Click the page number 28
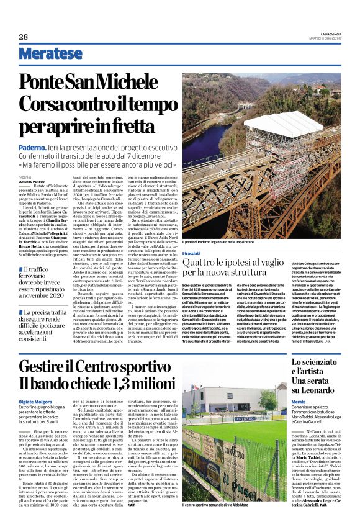point(23,37)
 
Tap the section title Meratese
point(50,54)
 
